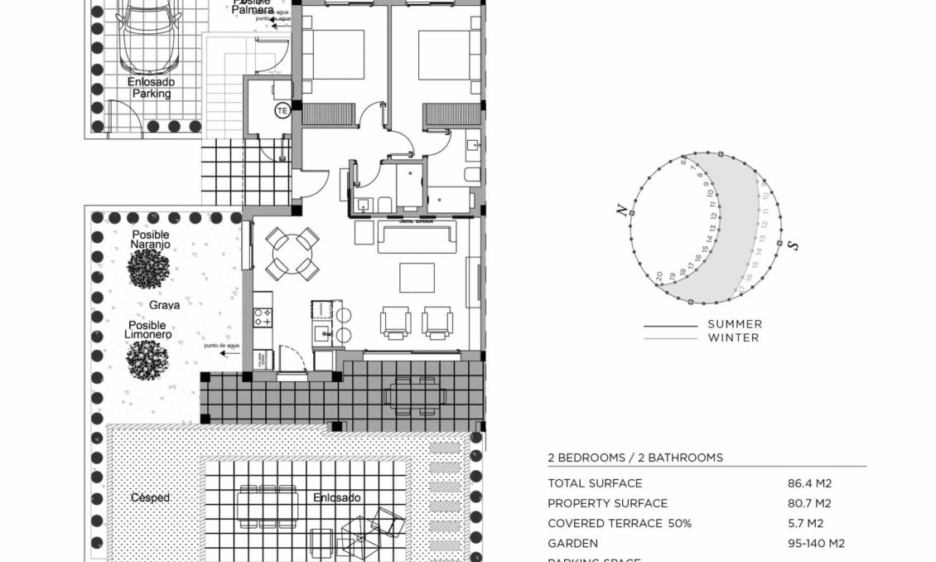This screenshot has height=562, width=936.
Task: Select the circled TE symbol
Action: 282,109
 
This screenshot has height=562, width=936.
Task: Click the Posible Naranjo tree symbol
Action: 149,269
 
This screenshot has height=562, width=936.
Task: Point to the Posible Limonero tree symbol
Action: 148,360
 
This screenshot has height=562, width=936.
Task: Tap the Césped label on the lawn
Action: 151,497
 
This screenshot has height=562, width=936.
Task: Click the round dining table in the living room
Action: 292,254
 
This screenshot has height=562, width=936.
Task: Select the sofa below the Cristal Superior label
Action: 417,237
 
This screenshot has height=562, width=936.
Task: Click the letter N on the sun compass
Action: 620,211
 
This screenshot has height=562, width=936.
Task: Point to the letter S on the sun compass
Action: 793,246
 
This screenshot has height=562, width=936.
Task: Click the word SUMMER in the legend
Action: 735,324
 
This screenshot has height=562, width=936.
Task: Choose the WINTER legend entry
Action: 733,337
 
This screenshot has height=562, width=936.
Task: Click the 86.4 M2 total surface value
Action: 810,483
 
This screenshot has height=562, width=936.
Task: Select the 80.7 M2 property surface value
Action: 810,503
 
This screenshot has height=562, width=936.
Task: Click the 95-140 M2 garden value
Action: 816,544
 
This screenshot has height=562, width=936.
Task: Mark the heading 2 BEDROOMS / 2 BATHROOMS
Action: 635,458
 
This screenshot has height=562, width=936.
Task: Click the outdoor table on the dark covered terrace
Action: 414,395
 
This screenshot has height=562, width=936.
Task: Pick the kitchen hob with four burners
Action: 263,315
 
